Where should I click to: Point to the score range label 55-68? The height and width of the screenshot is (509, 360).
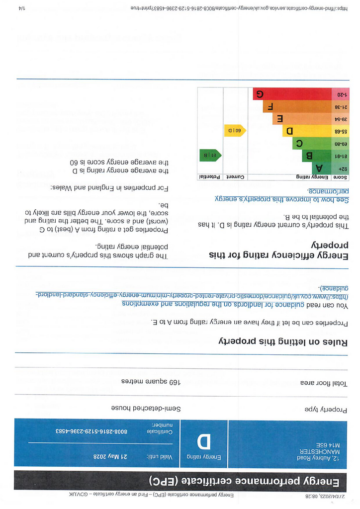[340, 131]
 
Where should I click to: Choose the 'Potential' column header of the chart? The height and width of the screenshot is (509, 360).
[210, 177]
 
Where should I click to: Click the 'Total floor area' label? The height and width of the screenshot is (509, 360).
[324, 383]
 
